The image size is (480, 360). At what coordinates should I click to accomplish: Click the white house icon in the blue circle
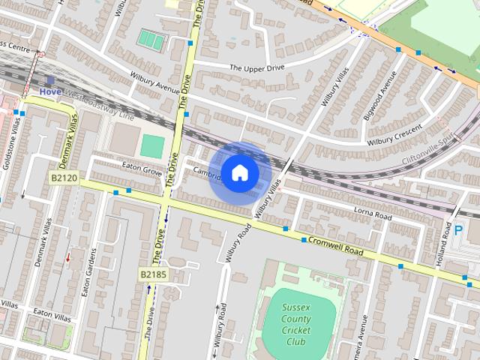click(239, 173)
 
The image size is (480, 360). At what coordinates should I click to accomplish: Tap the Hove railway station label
click(51, 91)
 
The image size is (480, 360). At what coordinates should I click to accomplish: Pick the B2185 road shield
click(153, 275)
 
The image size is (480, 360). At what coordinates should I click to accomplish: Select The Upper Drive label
click(257, 68)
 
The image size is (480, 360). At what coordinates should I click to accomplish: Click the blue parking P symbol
click(457, 232)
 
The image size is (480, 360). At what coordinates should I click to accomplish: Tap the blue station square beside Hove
click(50, 79)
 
